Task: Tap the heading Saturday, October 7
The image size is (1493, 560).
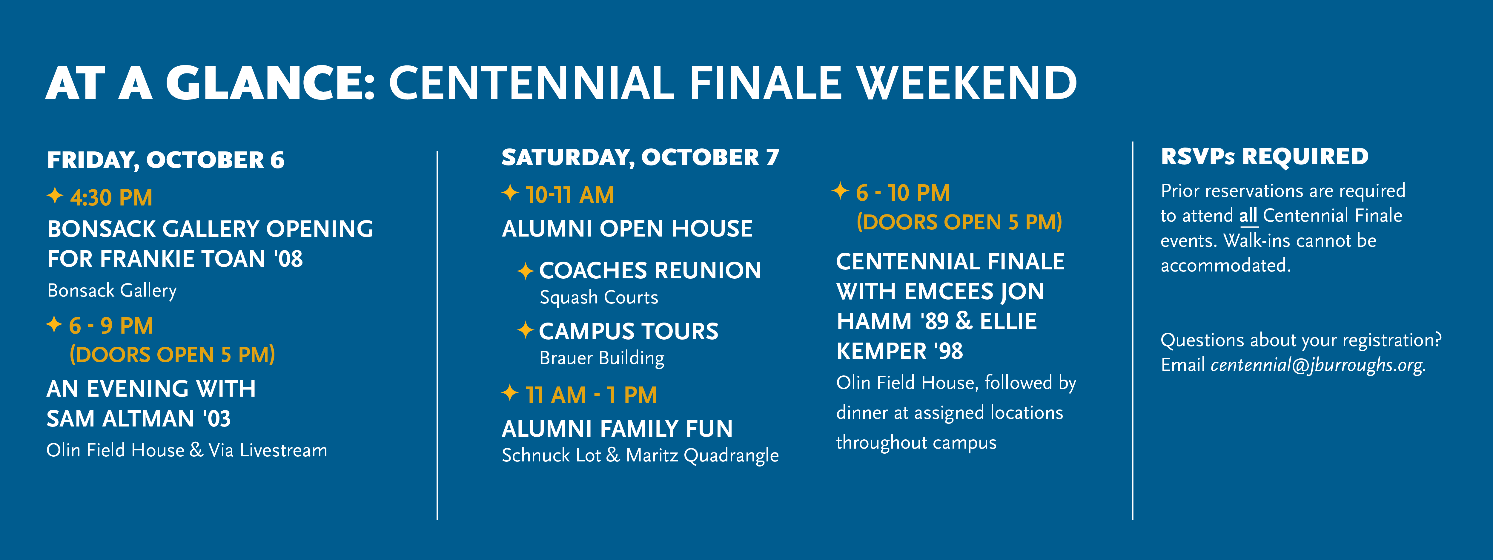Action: coord(640,157)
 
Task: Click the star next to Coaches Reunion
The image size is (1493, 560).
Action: coord(525,271)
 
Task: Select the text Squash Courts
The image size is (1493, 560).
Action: coord(599,297)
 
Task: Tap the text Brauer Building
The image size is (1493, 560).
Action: coord(602,358)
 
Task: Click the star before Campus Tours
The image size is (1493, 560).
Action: coord(525,330)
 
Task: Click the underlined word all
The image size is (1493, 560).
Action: coord(1248,216)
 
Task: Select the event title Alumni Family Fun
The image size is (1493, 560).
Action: coord(617,429)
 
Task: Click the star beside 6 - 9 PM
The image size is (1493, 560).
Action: coord(54,324)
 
